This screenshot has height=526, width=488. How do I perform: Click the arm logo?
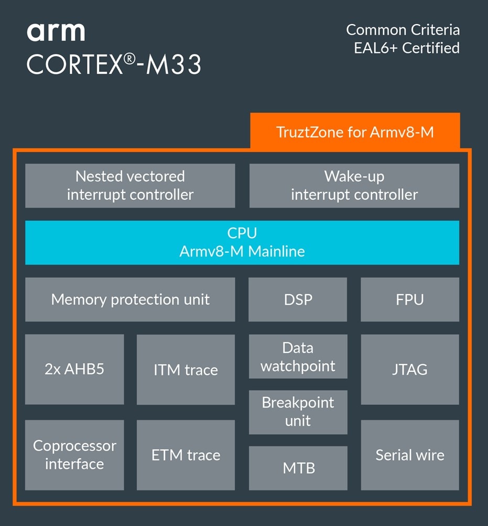pyautogui.click(x=56, y=32)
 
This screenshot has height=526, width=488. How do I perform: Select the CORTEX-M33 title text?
pyautogui.click(x=114, y=65)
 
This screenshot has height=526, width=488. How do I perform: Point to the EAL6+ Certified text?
pyautogui.click(x=407, y=48)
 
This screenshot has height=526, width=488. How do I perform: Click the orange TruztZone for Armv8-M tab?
pyautogui.click(x=355, y=132)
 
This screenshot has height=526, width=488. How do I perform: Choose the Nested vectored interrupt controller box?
pyautogui.click(x=130, y=186)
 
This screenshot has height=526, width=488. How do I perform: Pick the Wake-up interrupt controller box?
pyautogui.click(x=354, y=186)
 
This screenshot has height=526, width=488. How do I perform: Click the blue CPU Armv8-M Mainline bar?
pyautogui.click(x=242, y=242)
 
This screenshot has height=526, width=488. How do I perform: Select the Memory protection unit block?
pyautogui.click(x=130, y=299)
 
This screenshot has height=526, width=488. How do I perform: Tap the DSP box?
pyautogui.click(x=298, y=299)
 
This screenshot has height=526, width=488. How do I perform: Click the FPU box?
pyautogui.click(x=410, y=299)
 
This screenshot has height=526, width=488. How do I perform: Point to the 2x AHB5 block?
pyautogui.click(x=74, y=369)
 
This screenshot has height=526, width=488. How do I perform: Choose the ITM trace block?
pyautogui.click(x=186, y=370)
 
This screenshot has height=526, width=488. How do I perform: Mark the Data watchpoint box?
pyautogui.click(x=298, y=357)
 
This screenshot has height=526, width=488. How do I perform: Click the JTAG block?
pyautogui.click(x=410, y=370)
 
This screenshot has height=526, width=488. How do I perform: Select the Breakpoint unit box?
pyautogui.click(x=298, y=412)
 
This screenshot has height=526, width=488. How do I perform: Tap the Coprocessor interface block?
pyautogui.click(x=74, y=455)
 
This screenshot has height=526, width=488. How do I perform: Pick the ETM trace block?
pyautogui.click(x=186, y=455)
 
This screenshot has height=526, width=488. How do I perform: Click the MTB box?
pyautogui.click(x=298, y=468)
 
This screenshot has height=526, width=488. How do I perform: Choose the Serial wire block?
pyautogui.click(x=410, y=455)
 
